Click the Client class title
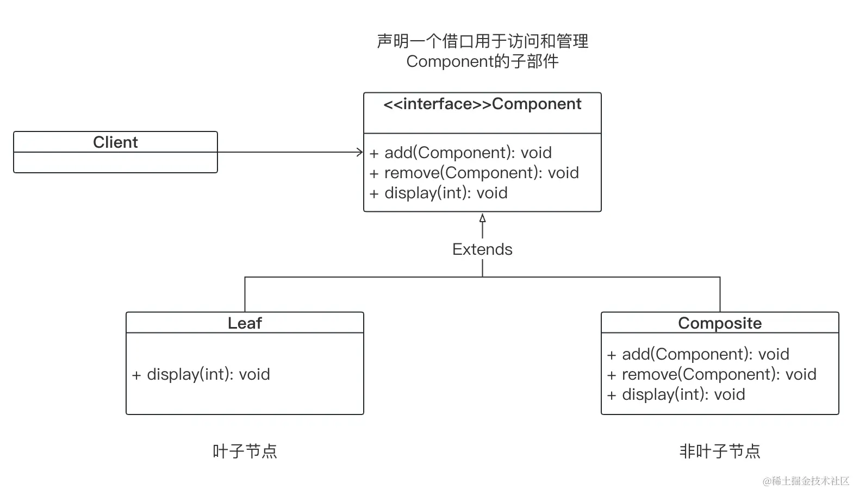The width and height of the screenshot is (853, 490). click(115, 142)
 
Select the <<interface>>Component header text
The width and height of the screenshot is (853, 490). click(482, 104)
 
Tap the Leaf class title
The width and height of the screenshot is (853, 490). click(245, 323)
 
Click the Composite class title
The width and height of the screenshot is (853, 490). click(720, 323)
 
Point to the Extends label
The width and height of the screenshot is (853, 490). click(482, 249)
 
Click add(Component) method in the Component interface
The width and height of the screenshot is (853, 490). click(460, 153)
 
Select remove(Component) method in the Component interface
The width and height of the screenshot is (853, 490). click(474, 173)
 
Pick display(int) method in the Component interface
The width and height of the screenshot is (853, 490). click(438, 193)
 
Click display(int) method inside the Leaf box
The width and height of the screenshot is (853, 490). click(201, 374)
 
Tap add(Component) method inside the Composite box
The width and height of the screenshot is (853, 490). click(698, 354)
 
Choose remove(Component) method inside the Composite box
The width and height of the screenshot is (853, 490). click(712, 374)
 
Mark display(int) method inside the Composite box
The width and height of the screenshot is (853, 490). click(676, 394)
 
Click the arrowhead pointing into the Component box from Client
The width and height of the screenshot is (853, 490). click(360, 152)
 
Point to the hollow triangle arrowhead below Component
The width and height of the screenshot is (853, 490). click(482, 218)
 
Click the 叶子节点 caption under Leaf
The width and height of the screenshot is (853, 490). click(245, 451)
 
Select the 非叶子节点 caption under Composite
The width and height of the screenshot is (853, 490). click(720, 451)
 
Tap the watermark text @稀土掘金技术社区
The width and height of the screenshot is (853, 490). click(806, 481)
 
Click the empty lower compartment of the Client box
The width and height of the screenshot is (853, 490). click(115, 162)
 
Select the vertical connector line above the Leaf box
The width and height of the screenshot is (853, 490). click(245, 294)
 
